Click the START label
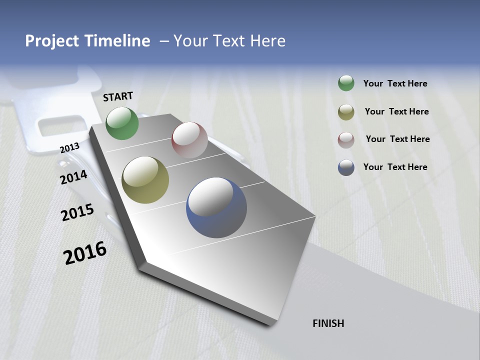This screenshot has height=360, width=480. pyautogui.click(x=118, y=96)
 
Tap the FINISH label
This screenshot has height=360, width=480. pyautogui.click(x=328, y=323)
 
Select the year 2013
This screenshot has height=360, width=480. pyautogui.click(x=69, y=147)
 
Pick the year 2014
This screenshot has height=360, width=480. pyautogui.click(x=73, y=177)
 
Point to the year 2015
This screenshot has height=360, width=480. pyautogui.click(x=77, y=212)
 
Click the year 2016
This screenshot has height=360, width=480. pyautogui.click(x=85, y=253)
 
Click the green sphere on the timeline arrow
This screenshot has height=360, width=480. pyautogui.click(x=122, y=123)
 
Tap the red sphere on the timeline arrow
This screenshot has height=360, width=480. pyautogui.click(x=189, y=140)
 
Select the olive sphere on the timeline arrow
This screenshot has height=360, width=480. pyautogui.click(x=145, y=180)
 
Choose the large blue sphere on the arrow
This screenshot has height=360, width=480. pyautogui.click(x=216, y=207)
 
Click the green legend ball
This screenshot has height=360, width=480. pyautogui.click(x=346, y=83)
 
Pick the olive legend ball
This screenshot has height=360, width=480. pyautogui.click(x=346, y=112)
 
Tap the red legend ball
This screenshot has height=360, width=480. pyautogui.click(x=346, y=139)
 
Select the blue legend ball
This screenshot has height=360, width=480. pyautogui.click(x=346, y=167)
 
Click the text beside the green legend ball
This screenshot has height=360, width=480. pyautogui.click(x=395, y=83)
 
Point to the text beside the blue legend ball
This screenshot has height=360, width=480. pyautogui.click(x=395, y=167)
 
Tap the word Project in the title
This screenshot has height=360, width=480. pyautogui.click(x=52, y=41)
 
